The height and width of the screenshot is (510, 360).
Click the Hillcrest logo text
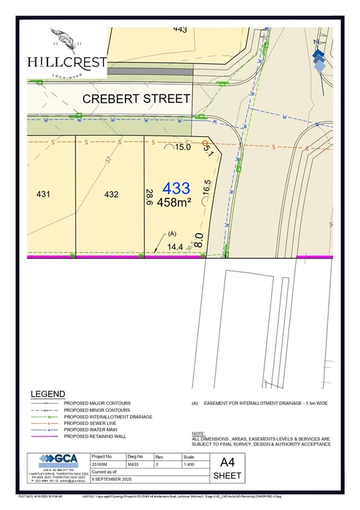67,61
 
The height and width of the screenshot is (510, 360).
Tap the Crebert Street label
136,98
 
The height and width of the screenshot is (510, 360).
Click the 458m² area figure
174,202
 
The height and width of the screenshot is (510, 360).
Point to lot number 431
43,195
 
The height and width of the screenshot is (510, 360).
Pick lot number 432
112,195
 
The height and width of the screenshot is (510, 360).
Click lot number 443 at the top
180,29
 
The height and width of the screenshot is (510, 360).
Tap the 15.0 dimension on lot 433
183,146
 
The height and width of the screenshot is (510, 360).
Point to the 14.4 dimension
174,247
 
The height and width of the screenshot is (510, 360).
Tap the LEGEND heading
47,394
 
